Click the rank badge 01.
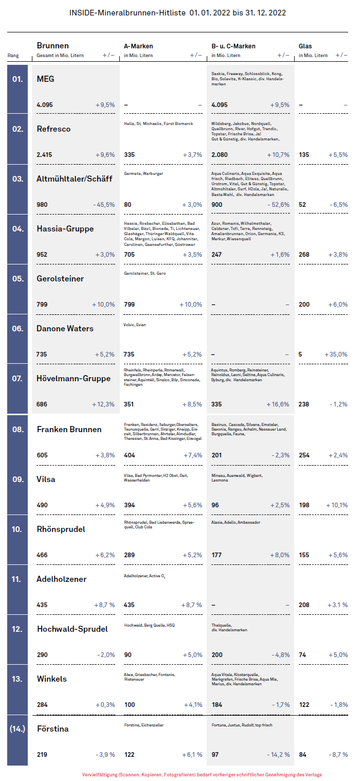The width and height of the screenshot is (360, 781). (17, 79)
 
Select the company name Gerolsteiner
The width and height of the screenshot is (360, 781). (60, 278)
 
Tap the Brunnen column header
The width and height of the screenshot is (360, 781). (52, 46)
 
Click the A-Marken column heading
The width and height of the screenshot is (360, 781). (138, 46)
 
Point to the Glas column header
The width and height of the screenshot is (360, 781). (305, 46)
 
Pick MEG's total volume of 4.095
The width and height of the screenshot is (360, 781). (44, 105)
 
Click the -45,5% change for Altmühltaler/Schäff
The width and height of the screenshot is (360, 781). (104, 205)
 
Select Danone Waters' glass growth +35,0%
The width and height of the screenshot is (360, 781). (336, 354)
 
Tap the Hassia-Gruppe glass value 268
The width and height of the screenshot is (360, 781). (304, 255)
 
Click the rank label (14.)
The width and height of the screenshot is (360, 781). (17, 729)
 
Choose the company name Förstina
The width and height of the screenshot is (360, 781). (52, 729)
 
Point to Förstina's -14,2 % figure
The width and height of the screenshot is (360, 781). (278, 755)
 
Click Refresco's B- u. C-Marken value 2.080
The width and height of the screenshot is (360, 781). (220, 155)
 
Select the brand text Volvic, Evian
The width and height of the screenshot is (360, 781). (135, 325)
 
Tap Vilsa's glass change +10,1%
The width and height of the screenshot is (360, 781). (336, 505)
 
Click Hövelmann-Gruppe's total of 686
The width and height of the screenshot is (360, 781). (42, 404)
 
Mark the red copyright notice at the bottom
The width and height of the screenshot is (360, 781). (202, 774)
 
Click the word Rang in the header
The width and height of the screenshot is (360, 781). (13, 56)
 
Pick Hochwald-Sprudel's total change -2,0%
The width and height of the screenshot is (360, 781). (106, 655)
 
